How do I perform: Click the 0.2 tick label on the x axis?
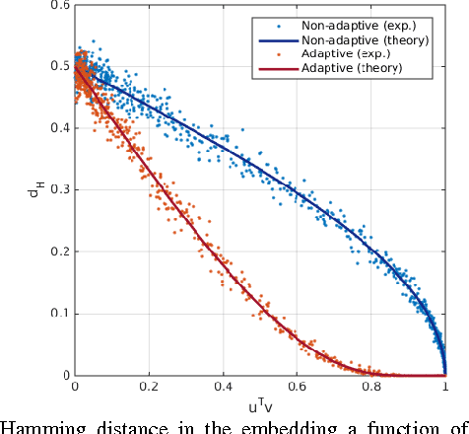pyautogui.click(x=149, y=389)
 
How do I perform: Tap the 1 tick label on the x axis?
pyautogui.click(x=444, y=389)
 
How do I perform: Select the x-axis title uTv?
pyautogui.click(x=259, y=406)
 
